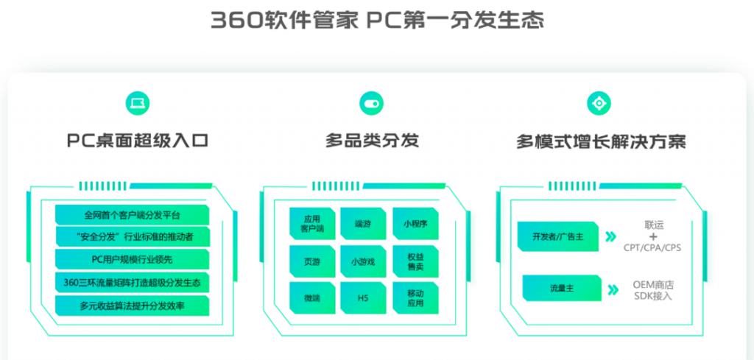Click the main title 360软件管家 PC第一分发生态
pos(377,21)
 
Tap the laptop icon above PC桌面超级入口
pos(138,103)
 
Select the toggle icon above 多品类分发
pos(372,103)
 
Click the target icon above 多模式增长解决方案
pos(599,103)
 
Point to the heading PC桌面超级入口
pos(138,141)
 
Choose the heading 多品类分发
pos(372,141)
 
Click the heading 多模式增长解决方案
pos(601,142)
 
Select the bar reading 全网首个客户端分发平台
pos(133,215)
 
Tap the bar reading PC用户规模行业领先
pos(133,260)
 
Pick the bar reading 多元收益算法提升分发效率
pos(133,306)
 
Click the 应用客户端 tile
pos(312,224)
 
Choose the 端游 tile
pos(363,224)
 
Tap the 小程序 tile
pos(415,224)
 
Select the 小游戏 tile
pos(363,261)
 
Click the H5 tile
pos(363,298)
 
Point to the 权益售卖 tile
pos(415,261)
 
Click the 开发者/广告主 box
pos(558,236)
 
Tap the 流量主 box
pos(562,288)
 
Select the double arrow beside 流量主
pos(613,289)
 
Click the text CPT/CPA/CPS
pos(652,248)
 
